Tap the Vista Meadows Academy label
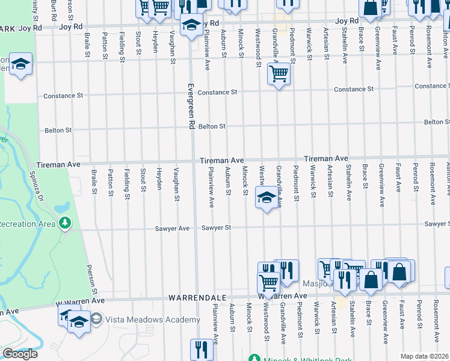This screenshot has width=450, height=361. pos(153,319)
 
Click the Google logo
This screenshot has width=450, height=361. pos(19,354)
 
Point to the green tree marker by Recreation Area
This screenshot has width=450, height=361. pos(65,224)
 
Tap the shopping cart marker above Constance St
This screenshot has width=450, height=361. pos(279,75)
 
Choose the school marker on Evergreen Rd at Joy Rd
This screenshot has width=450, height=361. pos(191,26)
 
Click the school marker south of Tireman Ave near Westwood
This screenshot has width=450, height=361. pos(265,197)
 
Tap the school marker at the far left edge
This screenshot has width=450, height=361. pos(20,65)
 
